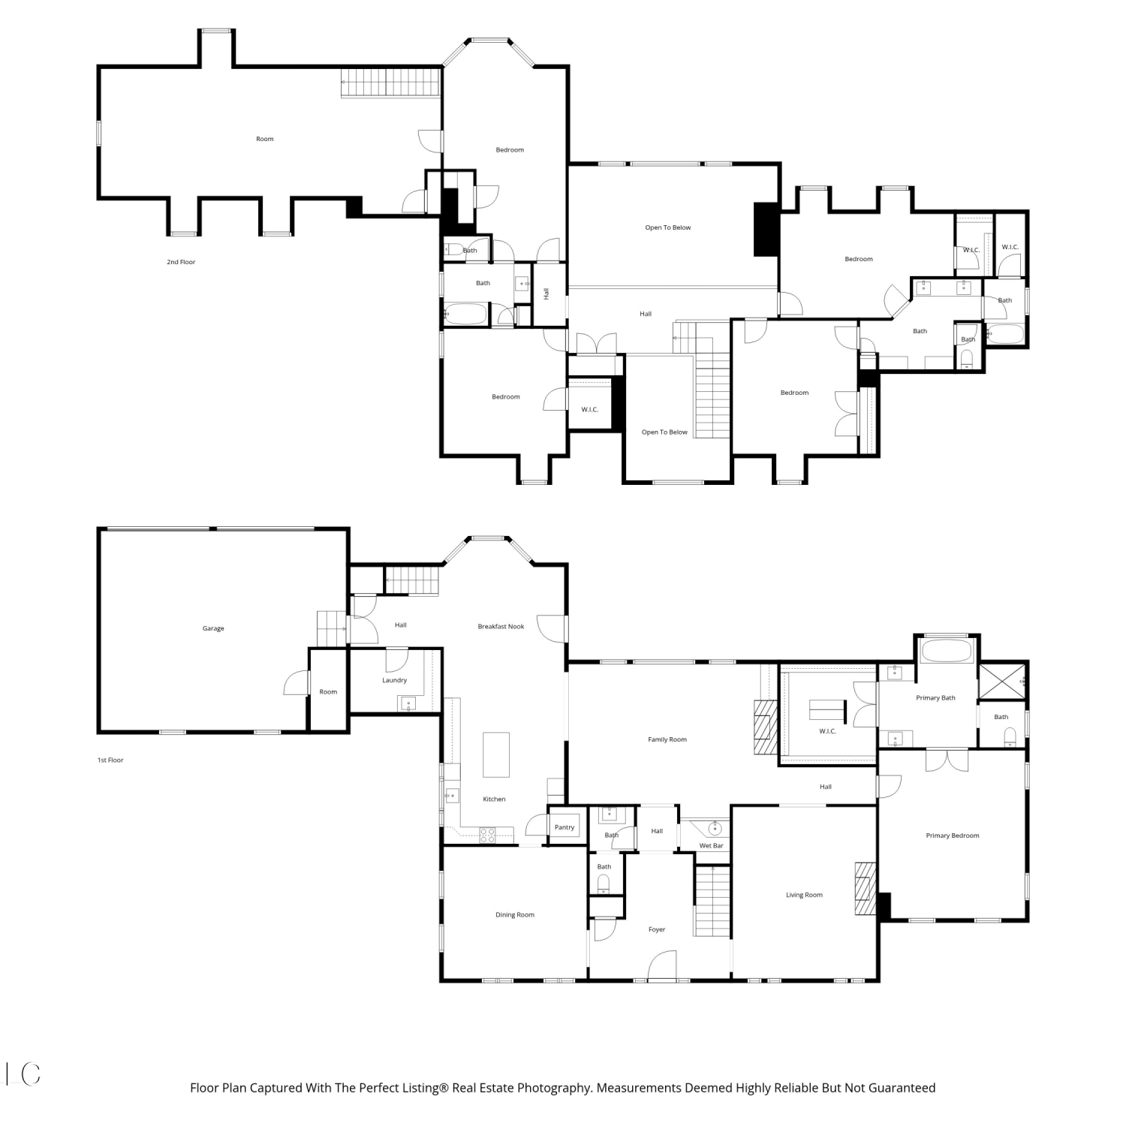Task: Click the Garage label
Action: pyautogui.click(x=213, y=628)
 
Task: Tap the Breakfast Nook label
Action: pyautogui.click(x=501, y=626)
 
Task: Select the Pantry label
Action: pyautogui.click(x=565, y=827)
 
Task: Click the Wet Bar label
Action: pyautogui.click(x=711, y=846)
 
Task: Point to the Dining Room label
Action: pyautogui.click(x=515, y=914)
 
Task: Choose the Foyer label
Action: pyautogui.click(x=657, y=929)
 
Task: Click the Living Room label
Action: pyautogui.click(x=804, y=895)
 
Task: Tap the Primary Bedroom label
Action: pyautogui.click(x=953, y=835)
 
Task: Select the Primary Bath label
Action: pyautogui.click(x=935, y=698)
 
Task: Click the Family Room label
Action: pyautogui.click(x=667, y=739)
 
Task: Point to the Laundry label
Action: pyautogui.click(x=394, y=680)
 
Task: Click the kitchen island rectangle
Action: pyautogui.click(x=496, y=754)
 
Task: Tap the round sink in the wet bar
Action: pyautogui.click(x=715, y=829)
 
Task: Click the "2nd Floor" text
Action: pyautogui.click(x=181, y=262)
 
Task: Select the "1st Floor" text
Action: pyautogui.click(x=110, y=760)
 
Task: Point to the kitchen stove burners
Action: pyautogui.click(x=487, y=835)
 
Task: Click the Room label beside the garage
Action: pyautogui.click(x=328, y=692)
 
